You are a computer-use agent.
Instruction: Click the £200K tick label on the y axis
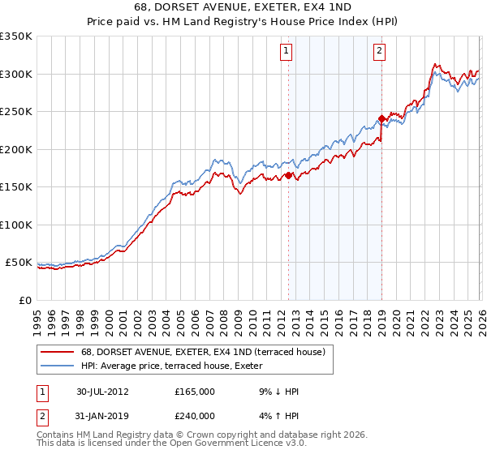16,149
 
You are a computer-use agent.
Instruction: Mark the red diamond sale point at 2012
288,175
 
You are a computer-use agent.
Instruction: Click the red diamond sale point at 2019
381,119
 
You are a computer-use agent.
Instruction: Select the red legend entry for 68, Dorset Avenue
203,352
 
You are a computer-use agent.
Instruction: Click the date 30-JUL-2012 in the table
102,392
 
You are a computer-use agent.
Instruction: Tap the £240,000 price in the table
195,414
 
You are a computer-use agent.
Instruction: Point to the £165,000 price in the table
195,392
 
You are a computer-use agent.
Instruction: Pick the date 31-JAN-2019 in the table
102,414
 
